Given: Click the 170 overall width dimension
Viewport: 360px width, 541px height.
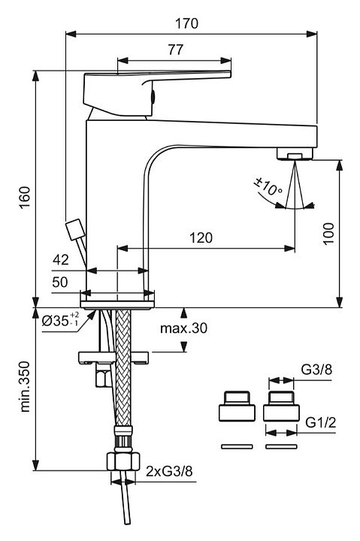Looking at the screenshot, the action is coord(186,23).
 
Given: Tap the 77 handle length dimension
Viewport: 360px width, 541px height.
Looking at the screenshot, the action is coord(176,50).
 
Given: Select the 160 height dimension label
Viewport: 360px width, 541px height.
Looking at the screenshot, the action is coord(26,198).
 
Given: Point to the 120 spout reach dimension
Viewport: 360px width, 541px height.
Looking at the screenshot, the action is coord(201,237).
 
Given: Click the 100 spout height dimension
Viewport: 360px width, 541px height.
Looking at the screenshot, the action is coord(329,234).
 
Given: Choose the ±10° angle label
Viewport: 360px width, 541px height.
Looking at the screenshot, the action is coord(268,186).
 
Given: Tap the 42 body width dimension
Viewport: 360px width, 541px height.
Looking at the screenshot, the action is coord(61,259).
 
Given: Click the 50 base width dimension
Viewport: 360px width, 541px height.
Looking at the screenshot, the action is coord(60,282).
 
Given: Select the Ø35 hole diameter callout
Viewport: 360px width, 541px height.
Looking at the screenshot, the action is coord(60,320).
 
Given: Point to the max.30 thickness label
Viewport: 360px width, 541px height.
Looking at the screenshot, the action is coord(183,328).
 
